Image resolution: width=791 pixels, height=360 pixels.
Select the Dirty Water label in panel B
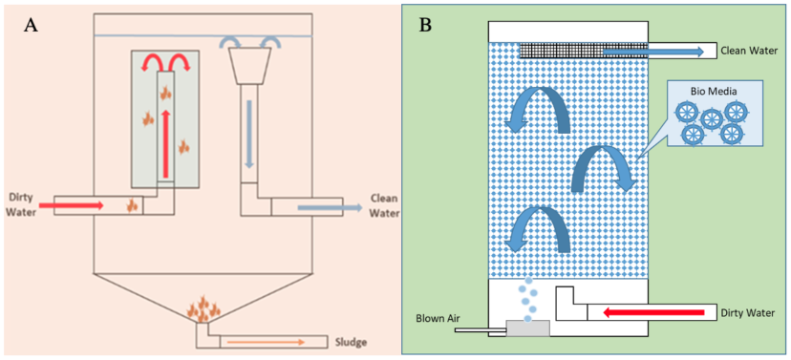[x=749, y=311]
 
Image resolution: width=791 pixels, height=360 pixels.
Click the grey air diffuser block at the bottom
[x=527, y=328]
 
